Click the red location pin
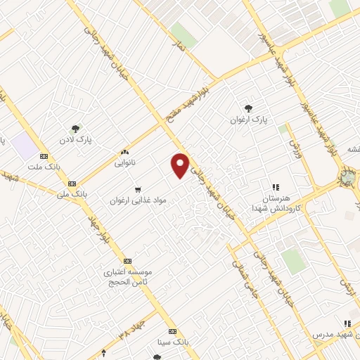tap(181, 165)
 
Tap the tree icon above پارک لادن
tap(75, 128)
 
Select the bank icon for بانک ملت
tap(44, 156)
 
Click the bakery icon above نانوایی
tap(125, 152)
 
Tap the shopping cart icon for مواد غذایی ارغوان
tap(138, 189)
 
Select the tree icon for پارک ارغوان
tap(249, 108)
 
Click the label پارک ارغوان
tap(249, 120)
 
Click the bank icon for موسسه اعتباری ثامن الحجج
tap(127, 260)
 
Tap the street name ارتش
tap(345, 284)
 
